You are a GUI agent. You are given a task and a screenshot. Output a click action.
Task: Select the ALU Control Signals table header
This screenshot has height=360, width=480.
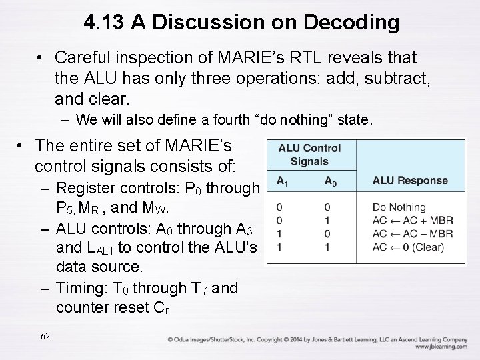click(309, 154)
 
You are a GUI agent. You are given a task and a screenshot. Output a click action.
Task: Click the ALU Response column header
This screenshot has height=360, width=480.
click(409, 180)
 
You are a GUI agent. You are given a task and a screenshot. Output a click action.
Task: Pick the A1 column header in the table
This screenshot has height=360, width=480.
click(282, 181)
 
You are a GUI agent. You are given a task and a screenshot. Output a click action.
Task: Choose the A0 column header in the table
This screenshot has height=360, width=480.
click(330, 181)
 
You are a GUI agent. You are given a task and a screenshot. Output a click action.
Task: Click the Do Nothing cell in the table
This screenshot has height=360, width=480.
click(399, 207)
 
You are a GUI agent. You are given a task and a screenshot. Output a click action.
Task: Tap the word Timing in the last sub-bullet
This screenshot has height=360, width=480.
click(78, 289)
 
